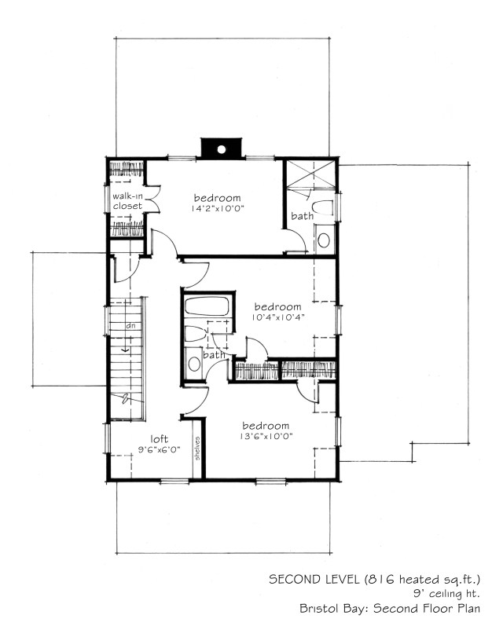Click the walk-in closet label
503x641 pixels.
coord(127,201)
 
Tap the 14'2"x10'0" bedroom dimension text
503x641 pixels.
coord(217,208)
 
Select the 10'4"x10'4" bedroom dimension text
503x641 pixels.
coord(278,317)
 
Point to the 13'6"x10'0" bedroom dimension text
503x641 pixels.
coord(266,436)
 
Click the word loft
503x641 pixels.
coord(159,439)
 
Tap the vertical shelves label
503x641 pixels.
coord(197,449)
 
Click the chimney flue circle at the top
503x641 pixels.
coord(221,149)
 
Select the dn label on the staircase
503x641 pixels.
coord(130,326)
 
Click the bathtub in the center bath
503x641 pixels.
coord(207,306)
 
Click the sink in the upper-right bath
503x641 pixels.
coord(324,240)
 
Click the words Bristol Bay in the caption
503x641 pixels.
coord(334,608)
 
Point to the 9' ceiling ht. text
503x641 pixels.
coord(446,594)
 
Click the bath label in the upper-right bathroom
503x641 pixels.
coord(303,216)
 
